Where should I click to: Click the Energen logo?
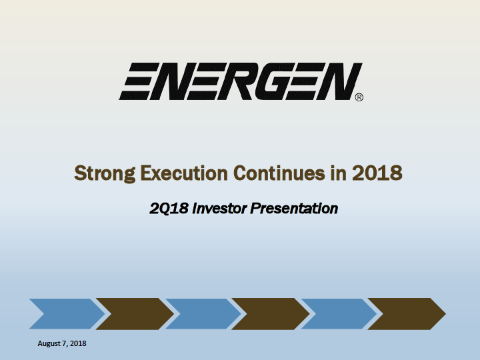tap(241, 81)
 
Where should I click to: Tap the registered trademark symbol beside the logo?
tap(359, 97)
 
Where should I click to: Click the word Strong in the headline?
tap(105, 173)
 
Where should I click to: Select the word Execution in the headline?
tap(184, 173)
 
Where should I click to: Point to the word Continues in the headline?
tap(279, 173)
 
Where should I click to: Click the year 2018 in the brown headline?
tap(377, 173)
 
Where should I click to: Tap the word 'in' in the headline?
tap(338, 173)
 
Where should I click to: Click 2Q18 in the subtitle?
tap(169, 209)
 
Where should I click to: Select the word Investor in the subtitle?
tap(219, 209)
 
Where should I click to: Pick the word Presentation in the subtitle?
tap(294, 209)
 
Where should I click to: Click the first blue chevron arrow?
tap(67, 314)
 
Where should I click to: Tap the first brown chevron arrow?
tap(135, 314)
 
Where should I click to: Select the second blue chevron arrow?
tap(203, 314)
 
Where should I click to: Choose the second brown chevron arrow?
tap(271, 314)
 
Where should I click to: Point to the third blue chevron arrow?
tap(339, 314)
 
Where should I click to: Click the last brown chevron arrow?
tap(407, 314)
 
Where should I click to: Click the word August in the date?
tap(49, 344)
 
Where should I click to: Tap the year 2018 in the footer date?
tap(78, 343)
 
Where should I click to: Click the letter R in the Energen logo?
tap(236, 81)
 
